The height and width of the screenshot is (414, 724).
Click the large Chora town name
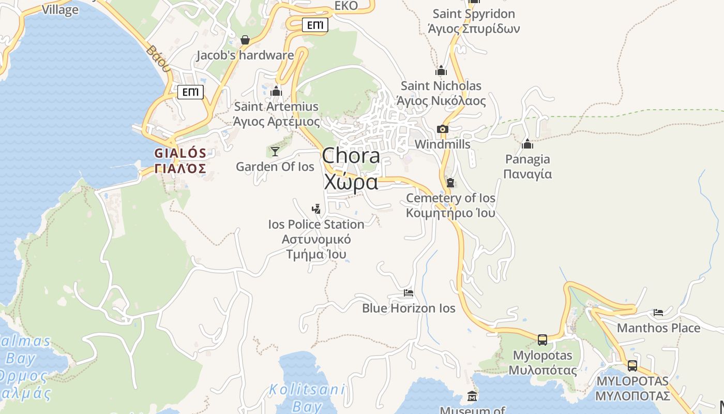click(x=351, y=169)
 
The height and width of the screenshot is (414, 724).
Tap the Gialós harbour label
click(x=180, y=160)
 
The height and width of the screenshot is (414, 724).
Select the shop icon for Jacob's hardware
click(x=245, y=40)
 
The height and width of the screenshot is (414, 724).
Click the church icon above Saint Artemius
click(x=276, y=92)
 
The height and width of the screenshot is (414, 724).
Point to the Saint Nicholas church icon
click(x=441, y=70)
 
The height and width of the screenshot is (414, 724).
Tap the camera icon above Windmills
click(x=442, y=129)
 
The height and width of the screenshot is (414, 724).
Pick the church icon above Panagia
click(x=527, y=144)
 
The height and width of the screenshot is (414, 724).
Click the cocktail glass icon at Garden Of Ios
click(x=275, y=151)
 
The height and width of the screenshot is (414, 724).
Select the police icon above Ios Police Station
click(x=316, y=209)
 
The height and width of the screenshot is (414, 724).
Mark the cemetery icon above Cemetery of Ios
click(x=450, y=183)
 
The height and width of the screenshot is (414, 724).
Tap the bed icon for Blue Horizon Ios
click(x=409, y=293)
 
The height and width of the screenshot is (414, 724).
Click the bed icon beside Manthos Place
click(x=658, y=312)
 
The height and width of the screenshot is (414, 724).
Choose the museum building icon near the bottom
click(x=472, y=396)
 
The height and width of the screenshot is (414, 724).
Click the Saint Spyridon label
click(x=474, y=21)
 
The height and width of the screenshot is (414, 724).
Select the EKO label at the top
click(x=346, y=6)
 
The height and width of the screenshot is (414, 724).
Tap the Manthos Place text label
click(x=658, y=328)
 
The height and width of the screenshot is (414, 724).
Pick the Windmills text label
click(x=443, y=144)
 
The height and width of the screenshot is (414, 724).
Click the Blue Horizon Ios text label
click(x=409, y=308)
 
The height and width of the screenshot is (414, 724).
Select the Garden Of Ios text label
click(x=275, y=167)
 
